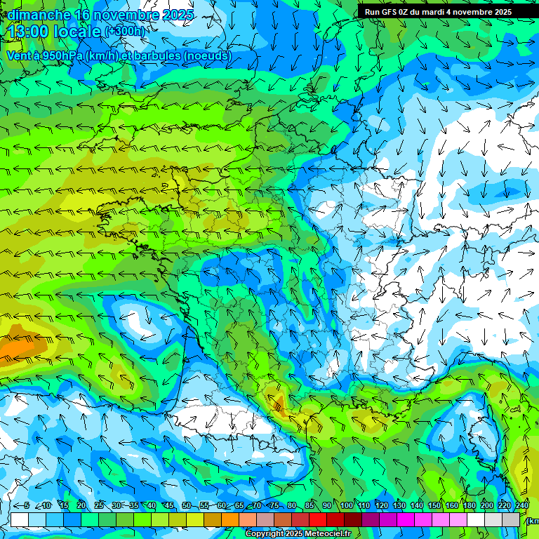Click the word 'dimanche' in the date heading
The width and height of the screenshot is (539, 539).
tap(39, 15)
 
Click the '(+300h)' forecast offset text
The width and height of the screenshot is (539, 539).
tap(125, 31)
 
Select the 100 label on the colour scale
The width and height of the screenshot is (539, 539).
tap(346, 505)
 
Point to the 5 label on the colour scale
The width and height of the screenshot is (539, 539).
tap(27, 505)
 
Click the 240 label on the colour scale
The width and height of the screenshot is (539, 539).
tap(521, 505)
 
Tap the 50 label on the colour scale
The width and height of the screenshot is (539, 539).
tap(187, 505)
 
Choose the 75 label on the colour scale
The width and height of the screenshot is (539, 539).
tap(275, 505)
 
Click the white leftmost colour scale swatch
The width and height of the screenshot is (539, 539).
tap(19, 519)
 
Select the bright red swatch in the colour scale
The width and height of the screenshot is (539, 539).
tap(318, 519)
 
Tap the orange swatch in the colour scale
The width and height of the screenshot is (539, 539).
tap(230, 519)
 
